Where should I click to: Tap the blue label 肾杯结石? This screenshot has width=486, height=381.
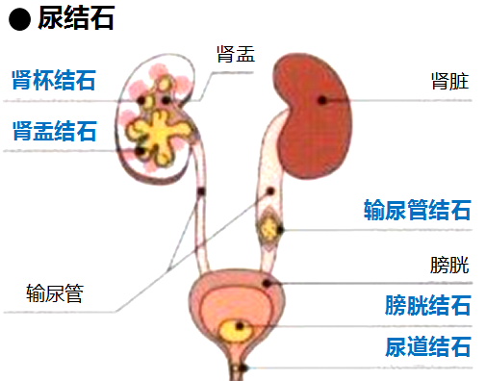[54, 79]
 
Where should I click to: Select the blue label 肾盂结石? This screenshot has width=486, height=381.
[54, 131]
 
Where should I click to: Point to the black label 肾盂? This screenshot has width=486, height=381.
[236, 55]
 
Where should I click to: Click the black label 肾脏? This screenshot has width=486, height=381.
[450, 82]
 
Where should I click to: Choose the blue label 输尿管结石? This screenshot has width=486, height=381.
[417, 210]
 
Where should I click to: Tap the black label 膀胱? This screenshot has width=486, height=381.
[449, 265]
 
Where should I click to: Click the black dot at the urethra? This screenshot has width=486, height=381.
[243, 368]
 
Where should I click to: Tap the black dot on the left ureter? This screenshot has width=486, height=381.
[201, 191]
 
